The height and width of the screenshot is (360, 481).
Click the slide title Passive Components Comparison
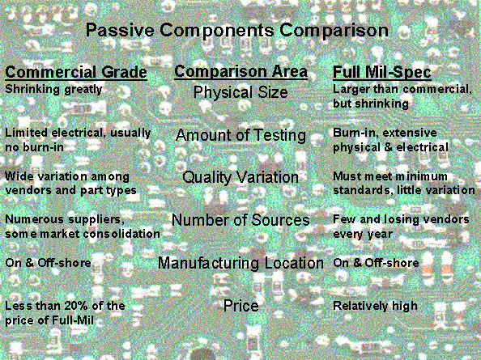coord(237,31)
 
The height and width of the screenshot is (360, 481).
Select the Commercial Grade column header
coord(76,72)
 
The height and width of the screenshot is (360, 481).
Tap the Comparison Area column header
coord(240,72)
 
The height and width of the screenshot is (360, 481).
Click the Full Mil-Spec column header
coord(382,73)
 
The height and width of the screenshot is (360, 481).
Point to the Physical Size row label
coord(240,92)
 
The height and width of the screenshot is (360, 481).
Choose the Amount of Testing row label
coord(240,135)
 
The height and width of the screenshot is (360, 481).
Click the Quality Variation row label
coord(240,177)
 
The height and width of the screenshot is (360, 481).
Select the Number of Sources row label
coord(240,220)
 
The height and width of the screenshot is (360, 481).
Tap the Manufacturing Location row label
coord(240,263)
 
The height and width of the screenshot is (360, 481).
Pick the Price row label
coord(240,306)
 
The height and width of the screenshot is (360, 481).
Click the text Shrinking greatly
coord(53,90)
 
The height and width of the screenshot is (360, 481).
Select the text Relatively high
coord(375,306)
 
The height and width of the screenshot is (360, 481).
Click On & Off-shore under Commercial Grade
coord(48,263)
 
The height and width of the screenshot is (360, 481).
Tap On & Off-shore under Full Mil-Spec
coord(376,263)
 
